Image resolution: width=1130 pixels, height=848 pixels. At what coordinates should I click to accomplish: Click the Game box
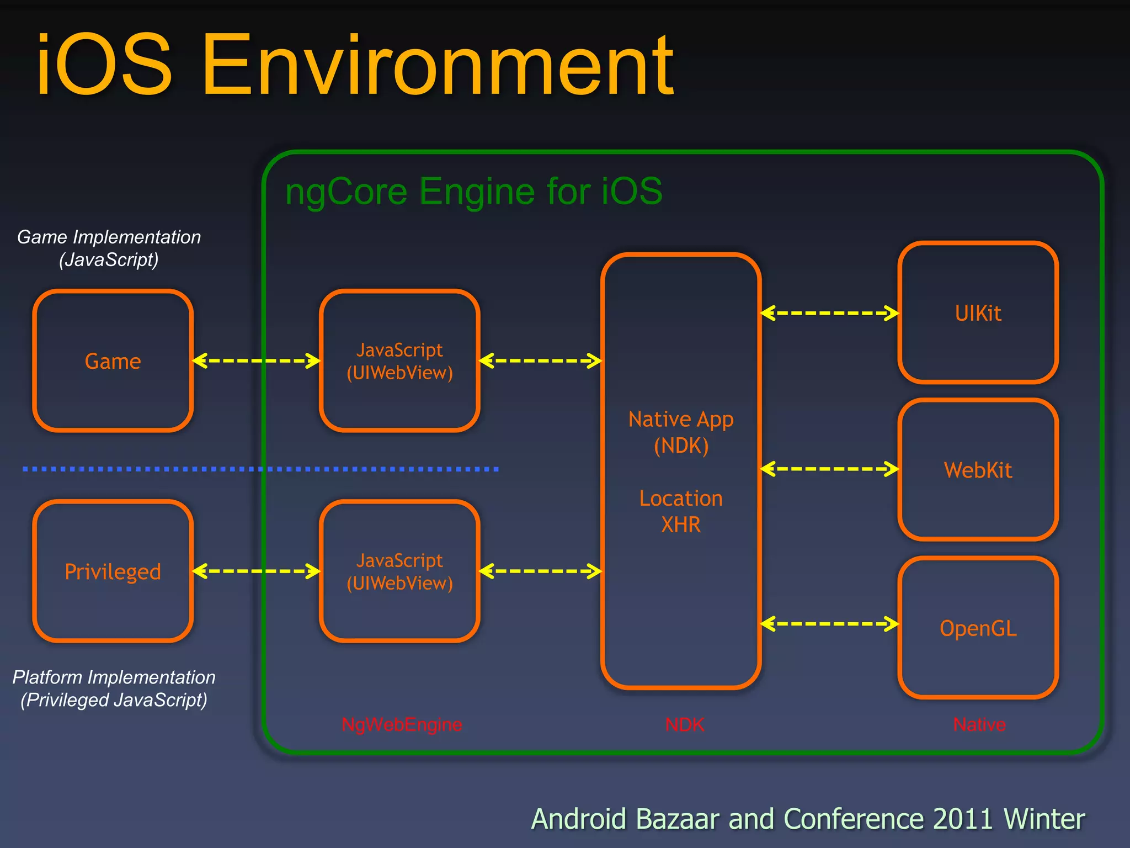point(113,361)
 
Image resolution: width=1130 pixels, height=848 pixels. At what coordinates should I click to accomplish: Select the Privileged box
point(113,571)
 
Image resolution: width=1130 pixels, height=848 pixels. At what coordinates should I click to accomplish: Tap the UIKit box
point(978,313)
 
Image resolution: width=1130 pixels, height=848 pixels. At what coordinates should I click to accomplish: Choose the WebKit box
point(978,470)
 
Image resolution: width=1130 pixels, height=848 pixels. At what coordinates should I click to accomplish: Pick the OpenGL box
point(978,628)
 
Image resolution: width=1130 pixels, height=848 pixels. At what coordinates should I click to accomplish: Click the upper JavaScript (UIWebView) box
point(399,361)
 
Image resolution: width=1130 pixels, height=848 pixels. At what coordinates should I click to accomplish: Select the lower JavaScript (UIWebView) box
point(399,571)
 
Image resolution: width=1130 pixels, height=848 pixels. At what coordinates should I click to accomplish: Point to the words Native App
point(681,420)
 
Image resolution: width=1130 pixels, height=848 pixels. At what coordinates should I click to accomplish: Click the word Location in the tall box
point(681,499)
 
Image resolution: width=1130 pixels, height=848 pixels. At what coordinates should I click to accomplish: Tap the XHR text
point(681,524)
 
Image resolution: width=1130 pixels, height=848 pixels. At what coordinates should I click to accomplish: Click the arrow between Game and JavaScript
point(257,361)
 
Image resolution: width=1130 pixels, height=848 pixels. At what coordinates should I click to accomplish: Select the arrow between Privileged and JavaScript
point(257,571)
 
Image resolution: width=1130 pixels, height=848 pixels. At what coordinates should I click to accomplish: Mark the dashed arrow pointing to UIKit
point(830,313)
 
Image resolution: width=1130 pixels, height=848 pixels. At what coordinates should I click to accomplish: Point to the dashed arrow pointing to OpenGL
point(830,624)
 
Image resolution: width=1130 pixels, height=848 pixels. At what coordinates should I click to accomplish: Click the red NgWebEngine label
point(402,724)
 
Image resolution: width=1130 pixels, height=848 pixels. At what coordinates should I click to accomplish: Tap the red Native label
point(979,724)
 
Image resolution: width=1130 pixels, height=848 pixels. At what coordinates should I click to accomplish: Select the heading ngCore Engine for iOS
point(473,191)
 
